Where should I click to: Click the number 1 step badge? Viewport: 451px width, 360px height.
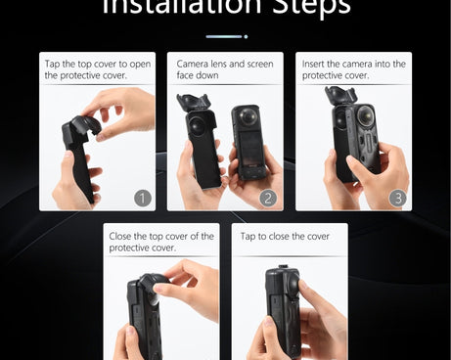(x=143, y=198)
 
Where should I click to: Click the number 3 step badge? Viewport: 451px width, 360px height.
(x=397, y=198)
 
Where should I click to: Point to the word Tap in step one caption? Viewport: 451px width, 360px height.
(x=54, y=64)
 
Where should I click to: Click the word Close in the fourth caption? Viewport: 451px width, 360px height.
(x=124, y=236)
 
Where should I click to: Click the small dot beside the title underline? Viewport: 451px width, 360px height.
(x=246, y=36)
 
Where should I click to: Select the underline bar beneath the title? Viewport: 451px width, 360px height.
(x=223, y=36)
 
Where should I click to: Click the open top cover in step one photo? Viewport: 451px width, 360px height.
(x=81, y=128)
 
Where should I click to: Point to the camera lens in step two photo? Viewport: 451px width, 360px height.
(x=197, y=127)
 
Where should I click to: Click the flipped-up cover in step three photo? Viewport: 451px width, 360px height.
(x=343, y=99)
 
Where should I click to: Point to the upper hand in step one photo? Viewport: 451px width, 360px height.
(x=122, y=109)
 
